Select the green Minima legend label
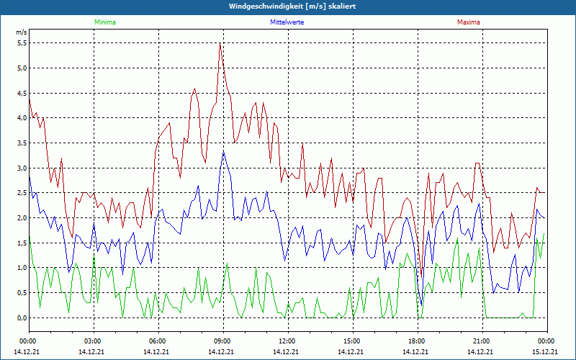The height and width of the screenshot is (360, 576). click(x=104, y=22)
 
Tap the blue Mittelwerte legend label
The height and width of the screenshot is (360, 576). click(x=287, y=22)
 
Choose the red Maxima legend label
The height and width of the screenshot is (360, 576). click(x=468, y=22)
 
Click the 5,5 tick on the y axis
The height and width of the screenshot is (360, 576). click(x=22, y=43)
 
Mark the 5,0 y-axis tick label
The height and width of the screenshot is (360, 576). click(x=22, y=68)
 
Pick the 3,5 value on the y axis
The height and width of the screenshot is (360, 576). click(x=22, y=143)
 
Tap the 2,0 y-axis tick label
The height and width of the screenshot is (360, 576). click(x=22, y=218)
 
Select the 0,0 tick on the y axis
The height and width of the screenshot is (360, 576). click(x=22, y=318)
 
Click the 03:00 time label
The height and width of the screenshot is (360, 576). click(x=93, y=341)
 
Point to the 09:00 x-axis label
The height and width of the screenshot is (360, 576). click(x=222, y=341)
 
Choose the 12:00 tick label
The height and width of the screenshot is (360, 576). click(x=287, y=341)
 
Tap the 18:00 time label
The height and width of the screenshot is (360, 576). click(x=416, y=341)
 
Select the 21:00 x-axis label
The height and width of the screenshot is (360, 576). click(x=481, y=341)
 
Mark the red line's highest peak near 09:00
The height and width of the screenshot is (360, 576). click(x=220, y=44)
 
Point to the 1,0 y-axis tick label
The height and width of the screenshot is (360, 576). click(x=22, y=268)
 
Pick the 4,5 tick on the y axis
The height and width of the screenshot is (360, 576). click(x=22, y=93)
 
